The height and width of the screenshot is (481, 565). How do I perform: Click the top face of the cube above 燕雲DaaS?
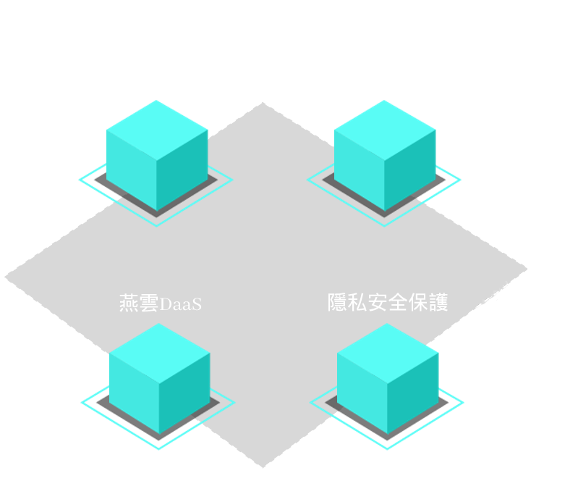pyautogui.click(x=157, y=130)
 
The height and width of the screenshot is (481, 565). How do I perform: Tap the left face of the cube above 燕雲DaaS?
pyautogui.click(x=132, y=170)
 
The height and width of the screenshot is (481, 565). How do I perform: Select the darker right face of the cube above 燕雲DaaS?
pyautogui.click(x=182, y=170)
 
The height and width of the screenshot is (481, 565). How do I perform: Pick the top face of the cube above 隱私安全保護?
pyautogui.click(x=385, y=130)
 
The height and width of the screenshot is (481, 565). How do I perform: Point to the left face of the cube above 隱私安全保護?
pyautogui.click(x=360, y=170)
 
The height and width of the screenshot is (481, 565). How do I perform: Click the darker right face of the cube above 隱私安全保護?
pyautogui.click(x=410, y=170)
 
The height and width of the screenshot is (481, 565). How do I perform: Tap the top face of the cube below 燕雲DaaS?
pyautogui.click(x=159, y=353)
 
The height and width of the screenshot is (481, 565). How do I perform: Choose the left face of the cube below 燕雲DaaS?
pyautogui.click(x=134, y=393)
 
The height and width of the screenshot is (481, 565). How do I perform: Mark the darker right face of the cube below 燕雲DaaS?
pyautogui.click(x=185, y=393)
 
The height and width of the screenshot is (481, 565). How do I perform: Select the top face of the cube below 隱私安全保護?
pyautogui.click(x=388, y=353)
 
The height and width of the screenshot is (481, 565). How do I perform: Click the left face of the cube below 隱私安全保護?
pyautogui.click(x=362, y=393)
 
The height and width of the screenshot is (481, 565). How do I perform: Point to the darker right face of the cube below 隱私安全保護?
pyautogui.click(x=413, y=393)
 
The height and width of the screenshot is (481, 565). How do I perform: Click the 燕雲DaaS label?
pyautogui.click(x=161, y=303)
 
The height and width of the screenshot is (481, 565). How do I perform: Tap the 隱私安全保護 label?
pyautogui.click(x=388, y=302)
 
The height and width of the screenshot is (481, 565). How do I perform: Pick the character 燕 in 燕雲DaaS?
pyautogui.click(x=129, y=303)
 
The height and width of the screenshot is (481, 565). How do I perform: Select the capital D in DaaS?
pyautogui.click(x=166, y=304)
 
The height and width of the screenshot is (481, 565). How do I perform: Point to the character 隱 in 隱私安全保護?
pyautogui.click(x=337, y=302)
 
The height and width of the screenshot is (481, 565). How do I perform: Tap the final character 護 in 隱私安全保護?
pyautogui.click(x=438, y=302)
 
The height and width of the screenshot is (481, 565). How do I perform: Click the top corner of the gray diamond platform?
pyautogui.click(x=263, y=103)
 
